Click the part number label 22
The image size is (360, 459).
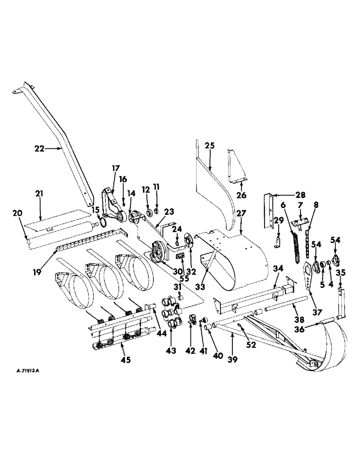pos(40,148)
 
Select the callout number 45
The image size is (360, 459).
pos(125,359)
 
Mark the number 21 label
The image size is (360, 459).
pos(39,195)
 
